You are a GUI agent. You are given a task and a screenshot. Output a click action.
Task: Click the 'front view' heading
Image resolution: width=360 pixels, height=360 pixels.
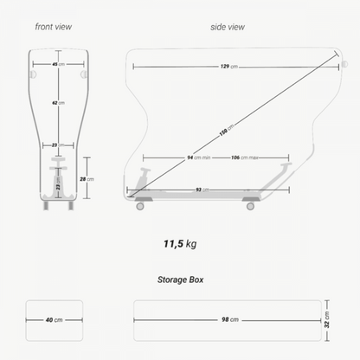pos(54,27)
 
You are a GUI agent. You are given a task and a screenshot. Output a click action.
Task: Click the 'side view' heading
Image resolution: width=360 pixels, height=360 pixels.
pos(228,27)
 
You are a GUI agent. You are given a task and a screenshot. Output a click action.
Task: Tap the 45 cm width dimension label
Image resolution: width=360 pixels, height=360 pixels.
pos(58,64)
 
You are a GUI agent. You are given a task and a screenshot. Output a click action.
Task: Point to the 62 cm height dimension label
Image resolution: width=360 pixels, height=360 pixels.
pos(58,103)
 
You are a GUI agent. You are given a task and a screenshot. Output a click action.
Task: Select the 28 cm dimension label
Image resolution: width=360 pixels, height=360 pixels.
pos(87,179)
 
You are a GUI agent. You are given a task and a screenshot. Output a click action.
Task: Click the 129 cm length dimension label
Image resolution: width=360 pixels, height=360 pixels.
pos(229,67)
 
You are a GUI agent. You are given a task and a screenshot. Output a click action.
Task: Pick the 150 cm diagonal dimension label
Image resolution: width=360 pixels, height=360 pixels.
pos(227,130)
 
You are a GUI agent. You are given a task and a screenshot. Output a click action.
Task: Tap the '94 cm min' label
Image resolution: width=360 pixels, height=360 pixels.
pos(199,157)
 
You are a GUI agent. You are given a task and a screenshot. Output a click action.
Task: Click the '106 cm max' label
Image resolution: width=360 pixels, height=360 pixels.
pos(245,157)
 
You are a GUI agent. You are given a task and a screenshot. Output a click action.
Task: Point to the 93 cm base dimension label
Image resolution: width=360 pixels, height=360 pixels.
pos(202,190)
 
